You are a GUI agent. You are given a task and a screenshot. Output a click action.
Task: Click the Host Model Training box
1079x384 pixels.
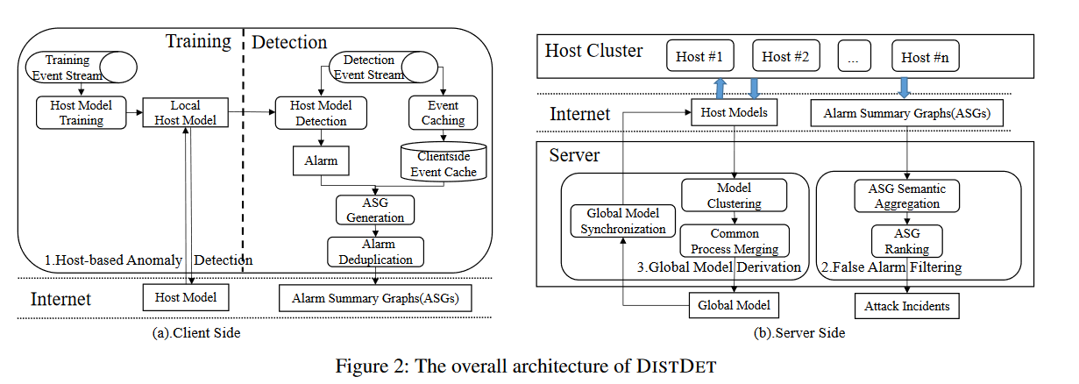pos(81,112)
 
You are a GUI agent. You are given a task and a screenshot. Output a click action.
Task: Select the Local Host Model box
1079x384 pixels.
pos(185,112)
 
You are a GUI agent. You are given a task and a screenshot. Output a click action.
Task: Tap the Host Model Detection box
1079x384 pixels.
pos(321,112)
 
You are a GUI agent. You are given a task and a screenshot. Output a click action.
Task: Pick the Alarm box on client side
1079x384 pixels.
pos(321,161)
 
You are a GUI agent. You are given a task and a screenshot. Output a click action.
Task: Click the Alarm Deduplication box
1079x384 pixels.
pos(375,251)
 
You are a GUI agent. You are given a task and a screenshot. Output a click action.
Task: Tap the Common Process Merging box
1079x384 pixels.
pos(735,240)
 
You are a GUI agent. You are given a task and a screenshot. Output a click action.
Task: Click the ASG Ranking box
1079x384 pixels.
pos(906,240)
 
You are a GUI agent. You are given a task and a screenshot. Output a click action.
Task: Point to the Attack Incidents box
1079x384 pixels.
pos(906,306)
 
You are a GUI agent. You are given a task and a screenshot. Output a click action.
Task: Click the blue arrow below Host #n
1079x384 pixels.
pos(905,87)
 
